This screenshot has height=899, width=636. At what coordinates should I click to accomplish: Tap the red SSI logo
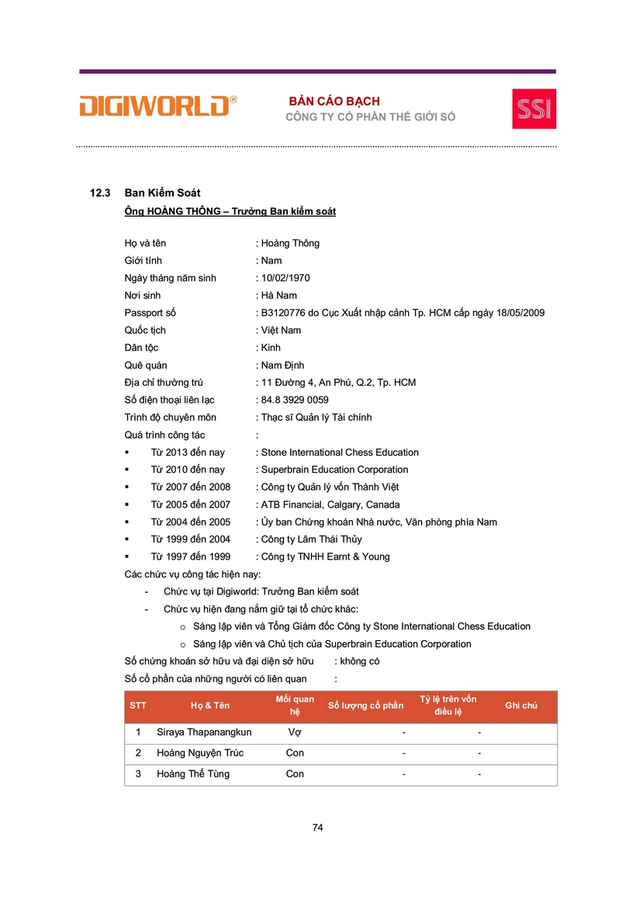pos(534,108)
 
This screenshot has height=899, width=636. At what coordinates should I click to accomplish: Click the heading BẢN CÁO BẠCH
pos(334,102)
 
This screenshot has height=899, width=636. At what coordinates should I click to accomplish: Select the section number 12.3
pos(102,193)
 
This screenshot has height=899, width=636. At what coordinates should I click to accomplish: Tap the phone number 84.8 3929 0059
pos(295,400)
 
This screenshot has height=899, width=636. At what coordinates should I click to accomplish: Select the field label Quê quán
pos(146,365)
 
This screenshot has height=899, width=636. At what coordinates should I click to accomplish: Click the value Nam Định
pos(282,365)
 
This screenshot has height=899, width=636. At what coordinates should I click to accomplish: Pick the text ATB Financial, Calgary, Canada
pos(330,505)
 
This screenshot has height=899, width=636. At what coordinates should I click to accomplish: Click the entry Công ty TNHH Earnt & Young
pos(325,556)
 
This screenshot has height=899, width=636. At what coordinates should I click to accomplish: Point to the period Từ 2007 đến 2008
pos(190,487)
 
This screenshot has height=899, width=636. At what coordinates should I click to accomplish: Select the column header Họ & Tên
pos(210,706)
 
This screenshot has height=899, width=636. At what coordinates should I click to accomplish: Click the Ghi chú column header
pos(521,706)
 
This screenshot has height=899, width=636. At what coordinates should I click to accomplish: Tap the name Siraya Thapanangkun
pos(204,732)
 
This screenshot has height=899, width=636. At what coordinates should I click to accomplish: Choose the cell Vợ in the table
pos(295,732)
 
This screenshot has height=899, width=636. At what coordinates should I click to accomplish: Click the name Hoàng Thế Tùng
pos(193,773)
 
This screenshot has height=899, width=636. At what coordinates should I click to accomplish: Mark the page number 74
pos(317,827)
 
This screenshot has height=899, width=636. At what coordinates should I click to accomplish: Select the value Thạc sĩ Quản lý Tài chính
pos(316,418)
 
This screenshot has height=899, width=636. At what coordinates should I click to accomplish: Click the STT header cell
pos(138,706)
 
